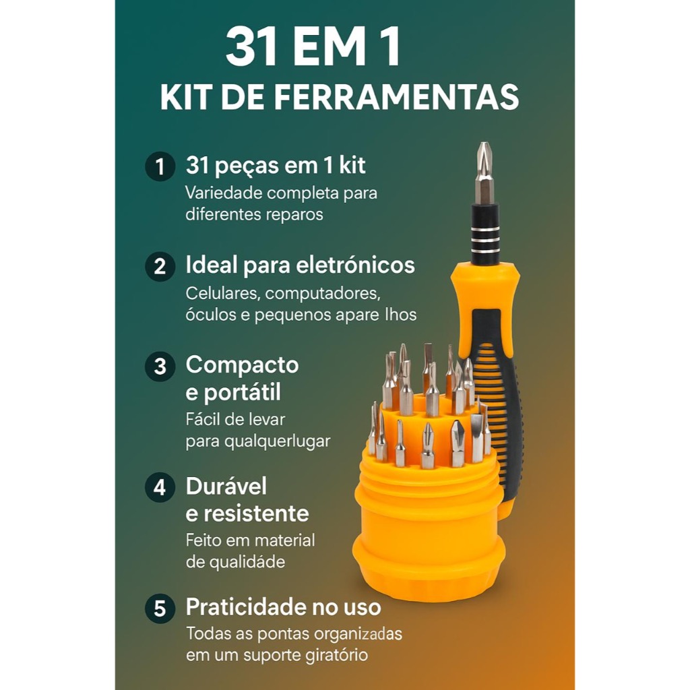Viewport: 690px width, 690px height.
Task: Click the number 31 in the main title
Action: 251,46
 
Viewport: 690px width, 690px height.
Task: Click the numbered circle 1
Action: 160,166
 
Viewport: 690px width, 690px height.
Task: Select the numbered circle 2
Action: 160,266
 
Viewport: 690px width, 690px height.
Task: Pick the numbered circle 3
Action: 160,366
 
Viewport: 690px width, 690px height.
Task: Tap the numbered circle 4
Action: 160,487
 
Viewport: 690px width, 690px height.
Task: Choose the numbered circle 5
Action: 160,608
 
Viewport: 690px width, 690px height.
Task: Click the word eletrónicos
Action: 355,265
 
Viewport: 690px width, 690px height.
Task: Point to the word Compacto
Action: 242,365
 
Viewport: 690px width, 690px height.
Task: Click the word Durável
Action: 226,486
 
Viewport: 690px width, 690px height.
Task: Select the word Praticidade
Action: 246,607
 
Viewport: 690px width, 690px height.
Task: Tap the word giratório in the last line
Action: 334,655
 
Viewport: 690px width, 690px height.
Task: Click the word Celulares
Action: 223,293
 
